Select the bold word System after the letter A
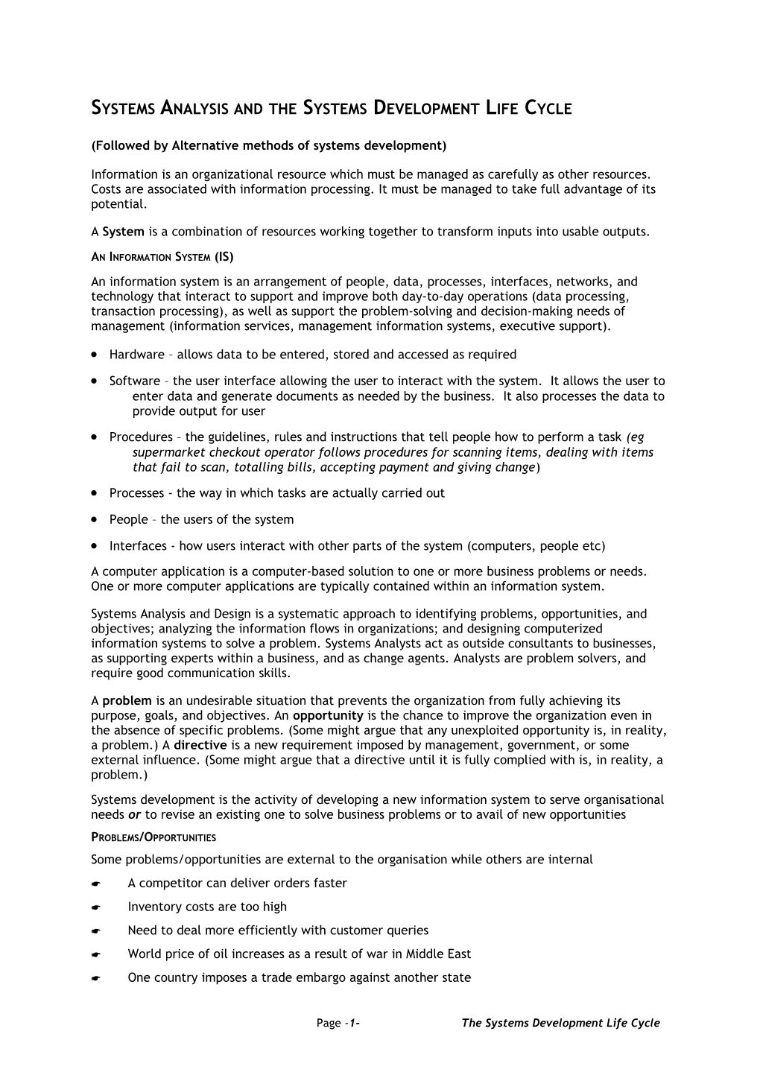[123, 232]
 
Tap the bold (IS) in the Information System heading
[224, 258]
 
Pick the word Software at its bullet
[134, 381]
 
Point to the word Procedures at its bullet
[141, 437]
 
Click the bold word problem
[127, 701]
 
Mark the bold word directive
[200, 746]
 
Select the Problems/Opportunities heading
[153, 837]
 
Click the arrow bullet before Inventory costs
[95, 908]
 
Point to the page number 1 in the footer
[354, 1024]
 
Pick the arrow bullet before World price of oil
[95, 955]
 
